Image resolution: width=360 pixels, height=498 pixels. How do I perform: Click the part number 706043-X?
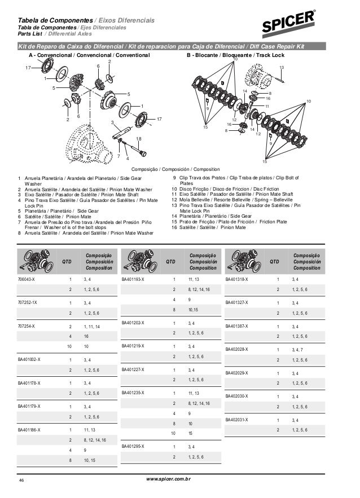(x=27, y=279)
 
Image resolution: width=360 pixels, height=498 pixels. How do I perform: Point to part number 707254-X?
(x=27, y=326)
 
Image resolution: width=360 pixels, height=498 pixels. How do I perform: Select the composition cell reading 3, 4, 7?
(x=297, y=349)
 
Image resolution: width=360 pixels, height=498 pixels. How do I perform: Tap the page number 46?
(x=23, y=481)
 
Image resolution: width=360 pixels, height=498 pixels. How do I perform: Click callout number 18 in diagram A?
(x=139, y=138)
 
